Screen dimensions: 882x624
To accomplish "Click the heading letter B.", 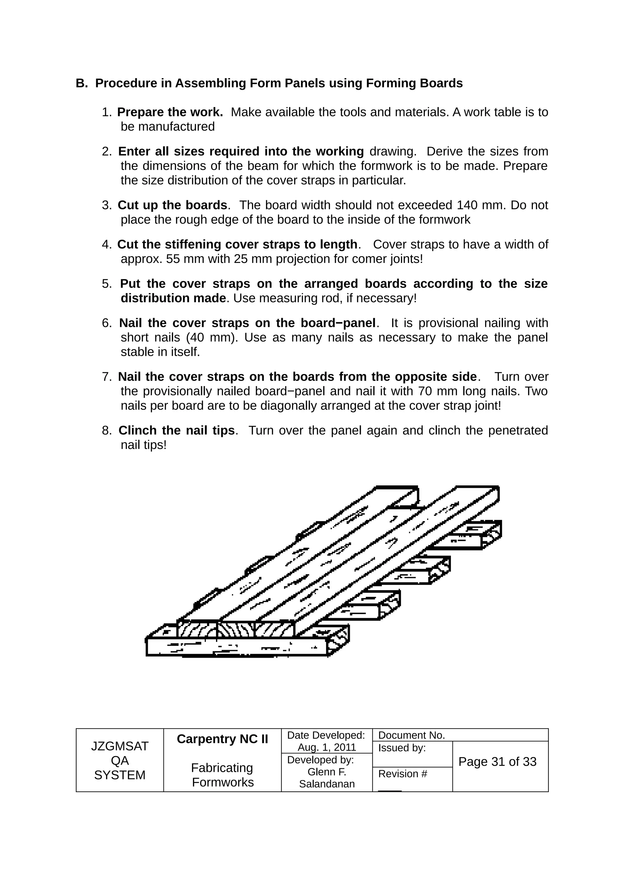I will pyautogui.click(x=81, y=83).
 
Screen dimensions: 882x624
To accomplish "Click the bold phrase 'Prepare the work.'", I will pyautogui.click(x=170, y=112).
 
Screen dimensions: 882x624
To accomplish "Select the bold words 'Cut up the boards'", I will pyautogui.click(x=172, y=205).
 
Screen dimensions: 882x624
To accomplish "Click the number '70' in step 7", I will pyautogui.click(x=425, y=391).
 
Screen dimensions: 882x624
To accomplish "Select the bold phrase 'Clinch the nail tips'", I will pyautogui.click(x=176, y=430).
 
